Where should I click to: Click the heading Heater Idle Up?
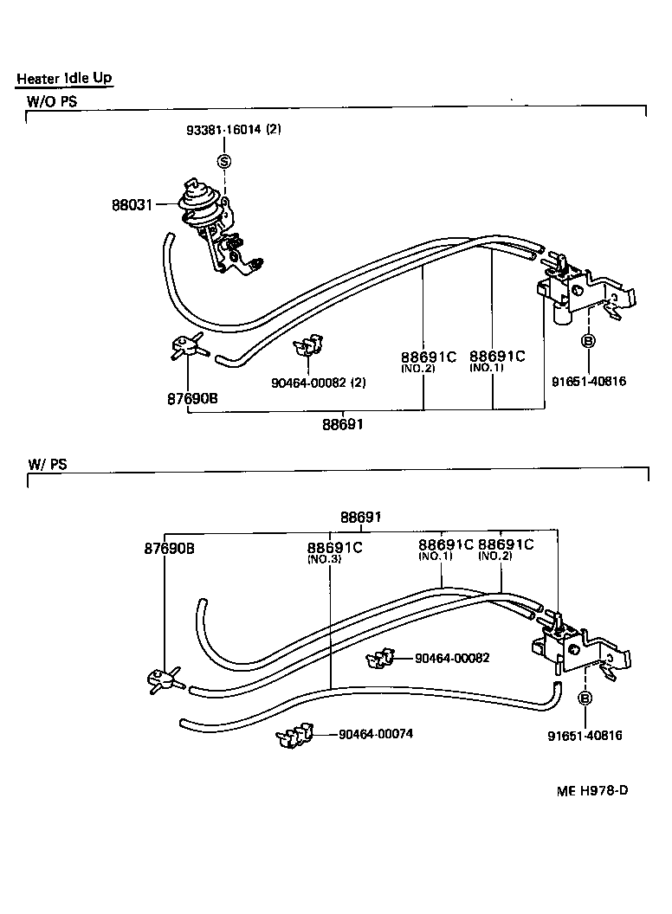pyautogui.click(x=64, y=79)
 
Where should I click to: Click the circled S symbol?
pyautogui.click(x=224, y=161)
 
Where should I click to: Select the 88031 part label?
pyautogui.click(x=132, y=205)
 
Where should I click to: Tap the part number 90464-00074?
pyautogui.click(x=375, y=734)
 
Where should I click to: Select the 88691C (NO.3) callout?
pyautogui.click(x=333, y=551)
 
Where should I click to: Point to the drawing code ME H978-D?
pyautogui.click(x=591, y=790)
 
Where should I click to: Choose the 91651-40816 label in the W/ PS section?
pyautogui.click(x=585, y=736)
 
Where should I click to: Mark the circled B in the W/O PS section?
pyautogui.click(x=587, y=341)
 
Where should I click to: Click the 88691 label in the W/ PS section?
pyautogui.click(x=360, y=517)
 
